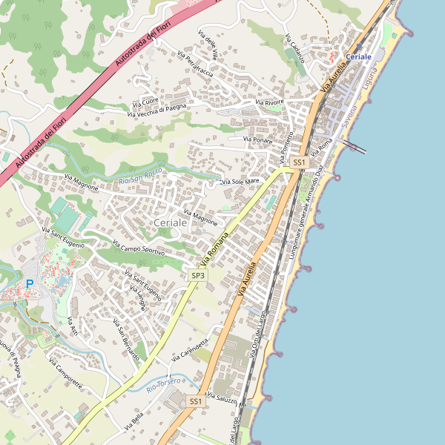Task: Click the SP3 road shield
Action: [198, 275]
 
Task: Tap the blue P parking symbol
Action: [30, 283]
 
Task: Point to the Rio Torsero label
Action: [165, 383]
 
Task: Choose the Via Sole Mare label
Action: [241, 181]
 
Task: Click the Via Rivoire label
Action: [269, 102]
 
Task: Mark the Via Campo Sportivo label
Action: [138, 248]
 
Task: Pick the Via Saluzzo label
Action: [223, 398]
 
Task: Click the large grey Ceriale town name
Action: [171, 222]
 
